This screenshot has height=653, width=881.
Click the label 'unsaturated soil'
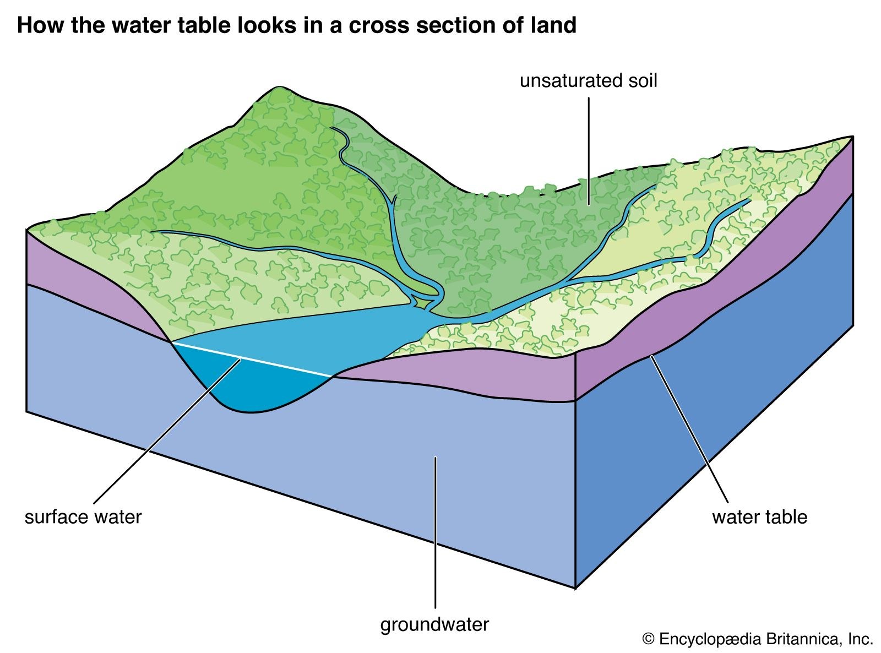point(589,81)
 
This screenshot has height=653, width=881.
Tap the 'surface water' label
point(83,517)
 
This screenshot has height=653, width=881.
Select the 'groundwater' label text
point(434,624)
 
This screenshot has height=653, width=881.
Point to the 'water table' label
point(759,517)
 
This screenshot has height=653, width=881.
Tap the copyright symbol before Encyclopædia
point(649,639)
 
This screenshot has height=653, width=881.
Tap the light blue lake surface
point(308,336)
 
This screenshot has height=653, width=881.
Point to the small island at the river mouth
point(423,302)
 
